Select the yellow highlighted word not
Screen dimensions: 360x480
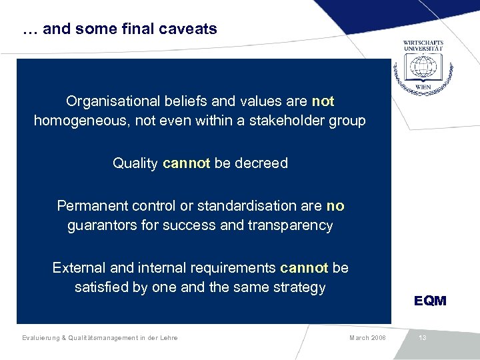point(323,101)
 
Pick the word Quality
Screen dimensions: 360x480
point(135,163)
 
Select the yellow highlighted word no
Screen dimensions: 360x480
point(335,206)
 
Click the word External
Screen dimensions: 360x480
point(79,268)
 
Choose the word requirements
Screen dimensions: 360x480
point(231,268)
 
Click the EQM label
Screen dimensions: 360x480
point(430,301)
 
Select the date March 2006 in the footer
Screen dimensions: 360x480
point(367,338)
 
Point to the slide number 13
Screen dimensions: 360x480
point(423,338)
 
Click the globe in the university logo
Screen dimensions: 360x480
point(423,67)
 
